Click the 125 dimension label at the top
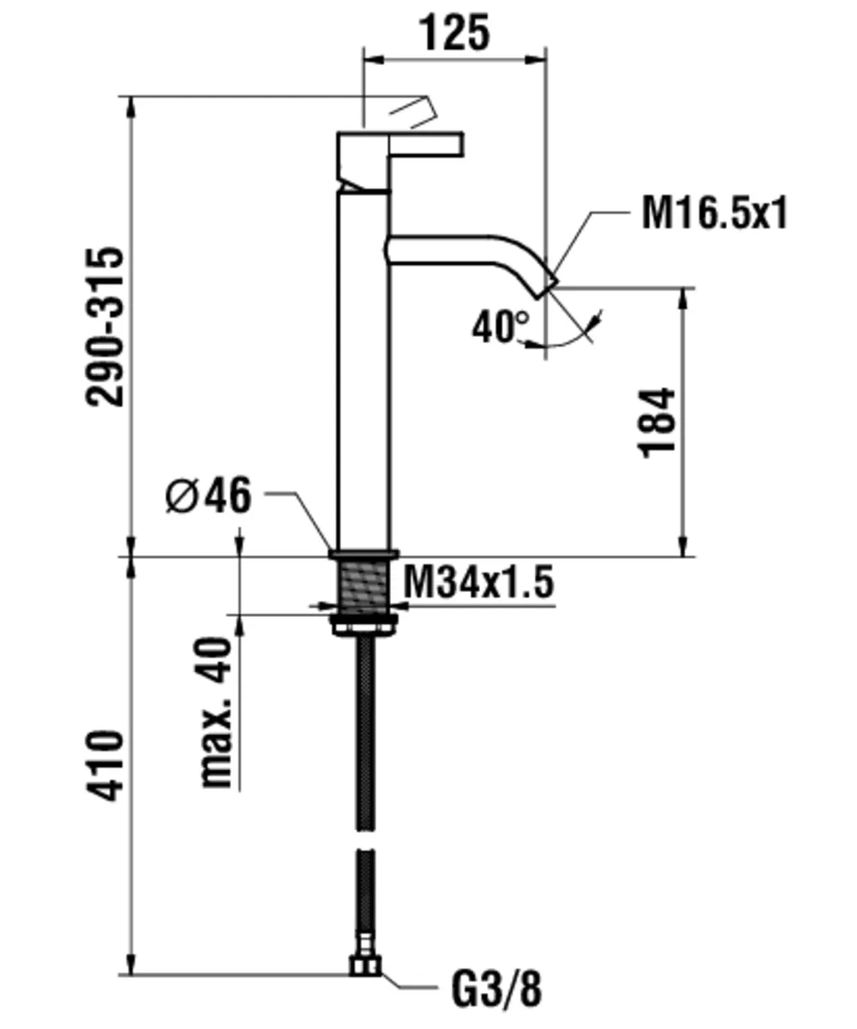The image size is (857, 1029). [x=454, y=33]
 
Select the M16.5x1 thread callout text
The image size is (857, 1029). [x=714, y=213]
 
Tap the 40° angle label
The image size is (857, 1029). [x=500, y=327]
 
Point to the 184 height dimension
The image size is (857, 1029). [x=658, y=422]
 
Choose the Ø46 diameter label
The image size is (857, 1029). [x=208, y=496]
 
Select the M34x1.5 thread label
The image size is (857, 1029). [x=478, y=583]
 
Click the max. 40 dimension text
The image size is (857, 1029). [x=216, y=712]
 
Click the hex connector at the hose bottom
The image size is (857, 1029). [x=365, y=966]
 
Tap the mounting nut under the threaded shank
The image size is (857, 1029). [x=364, y=625]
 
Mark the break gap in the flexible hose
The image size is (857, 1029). [x=365, y=840]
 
